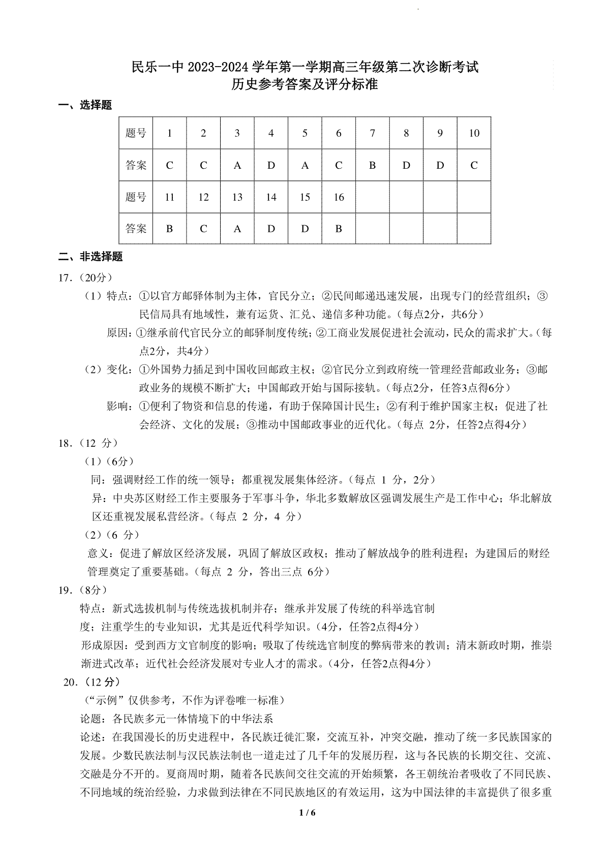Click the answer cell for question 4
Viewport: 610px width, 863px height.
[271, 165]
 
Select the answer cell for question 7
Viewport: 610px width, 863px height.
[373, 165]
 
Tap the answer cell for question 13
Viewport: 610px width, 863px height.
[237, 229]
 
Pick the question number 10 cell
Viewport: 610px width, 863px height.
[474, 133]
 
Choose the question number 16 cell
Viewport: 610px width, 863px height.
[339, 197]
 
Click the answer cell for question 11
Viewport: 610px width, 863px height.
[170, 229]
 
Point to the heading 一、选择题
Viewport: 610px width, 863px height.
[85, 105]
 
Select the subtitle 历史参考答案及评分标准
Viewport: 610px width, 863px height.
[304, 84]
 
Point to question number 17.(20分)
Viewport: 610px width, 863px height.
[85, 278]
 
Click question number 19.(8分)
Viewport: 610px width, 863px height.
[82, 590]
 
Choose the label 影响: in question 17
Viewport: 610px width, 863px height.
[120, 406]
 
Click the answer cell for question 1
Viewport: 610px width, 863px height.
[170, 165]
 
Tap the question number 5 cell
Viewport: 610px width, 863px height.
[305, 133]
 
